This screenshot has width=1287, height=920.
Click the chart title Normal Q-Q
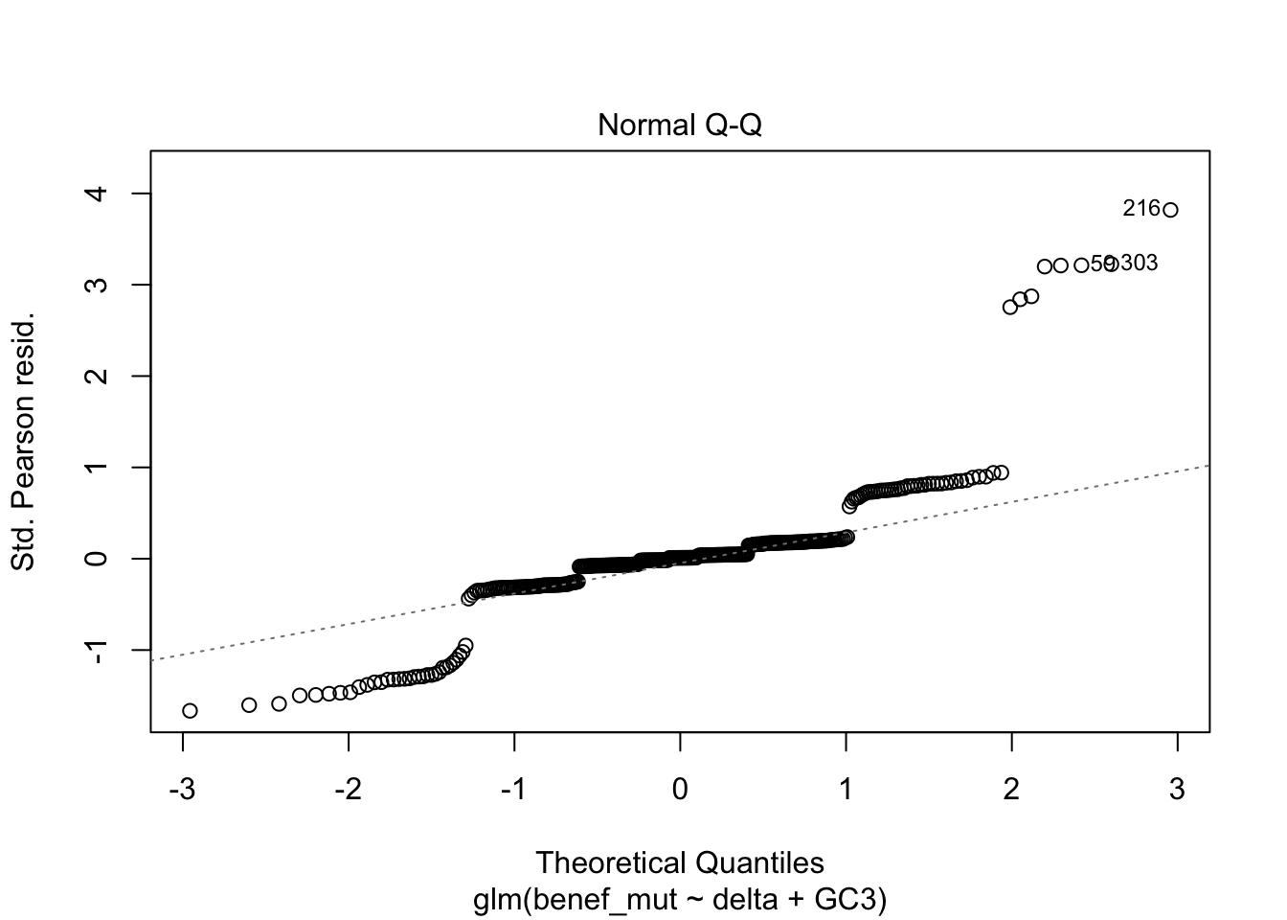(x=679, y=126)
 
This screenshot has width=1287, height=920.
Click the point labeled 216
(x=1170, y=210)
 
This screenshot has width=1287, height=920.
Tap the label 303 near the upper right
(x=1139, y=263)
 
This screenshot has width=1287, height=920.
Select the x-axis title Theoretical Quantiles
(x=679, y=862)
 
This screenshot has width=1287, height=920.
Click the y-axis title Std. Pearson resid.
(x=23, y=440)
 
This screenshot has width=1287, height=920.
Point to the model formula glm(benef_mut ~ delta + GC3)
(x=679, y=900)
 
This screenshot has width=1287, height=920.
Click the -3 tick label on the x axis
(x=182, y=790)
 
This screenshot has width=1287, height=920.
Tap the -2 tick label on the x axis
(x=348, y=790)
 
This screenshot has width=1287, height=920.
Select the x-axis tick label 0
(x=680, y=790)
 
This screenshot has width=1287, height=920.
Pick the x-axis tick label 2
(x=1011, y=790)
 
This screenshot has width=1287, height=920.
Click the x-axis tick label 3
(x=1177, y=790)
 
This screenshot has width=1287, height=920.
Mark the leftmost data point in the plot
(x=190, y=710)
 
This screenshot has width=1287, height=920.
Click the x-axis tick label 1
(x=846, y=790)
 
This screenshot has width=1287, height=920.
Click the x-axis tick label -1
(x=513, y=790)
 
